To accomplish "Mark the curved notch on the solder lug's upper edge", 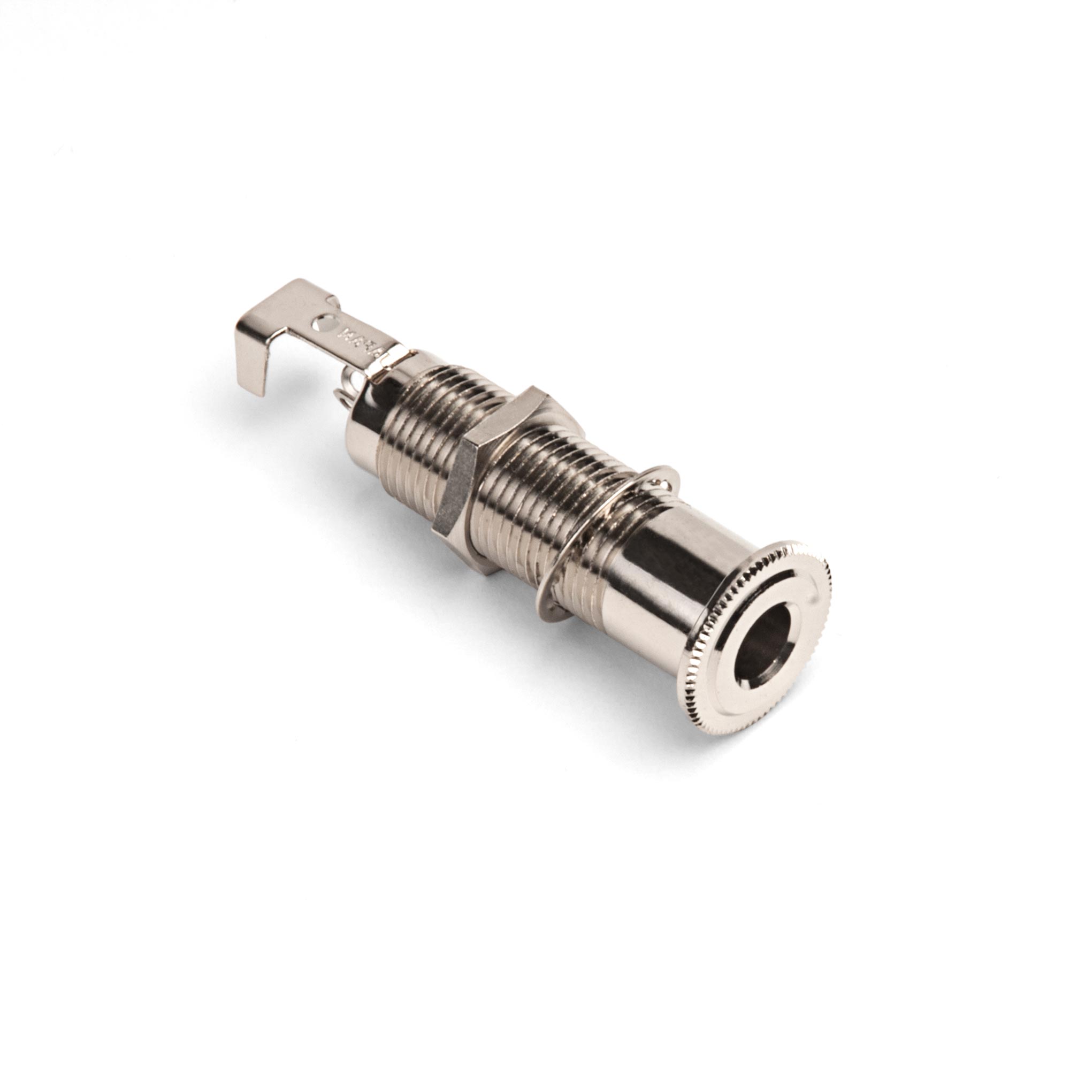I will point(334,302).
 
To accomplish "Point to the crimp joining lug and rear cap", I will point(391,363).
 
